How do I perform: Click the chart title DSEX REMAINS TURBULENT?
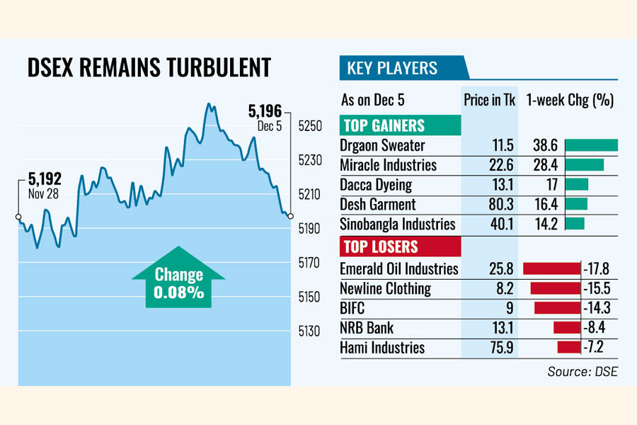tap(149, 68)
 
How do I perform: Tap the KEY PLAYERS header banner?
tap(391, 69)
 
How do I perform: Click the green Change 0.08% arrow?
tap(178, 278)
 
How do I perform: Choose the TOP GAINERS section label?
tap(384, 126)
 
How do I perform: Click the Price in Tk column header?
tap(489, 100)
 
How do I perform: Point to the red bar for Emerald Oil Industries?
tap(551, 268)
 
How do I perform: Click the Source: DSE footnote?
tap(582, 371)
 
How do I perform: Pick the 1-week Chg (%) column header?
tap(570, 100)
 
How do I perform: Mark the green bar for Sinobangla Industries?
tap(575, 224)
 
